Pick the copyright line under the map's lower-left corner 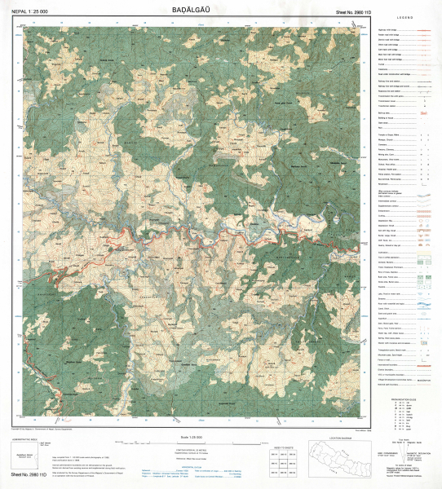tap(49, 428)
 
